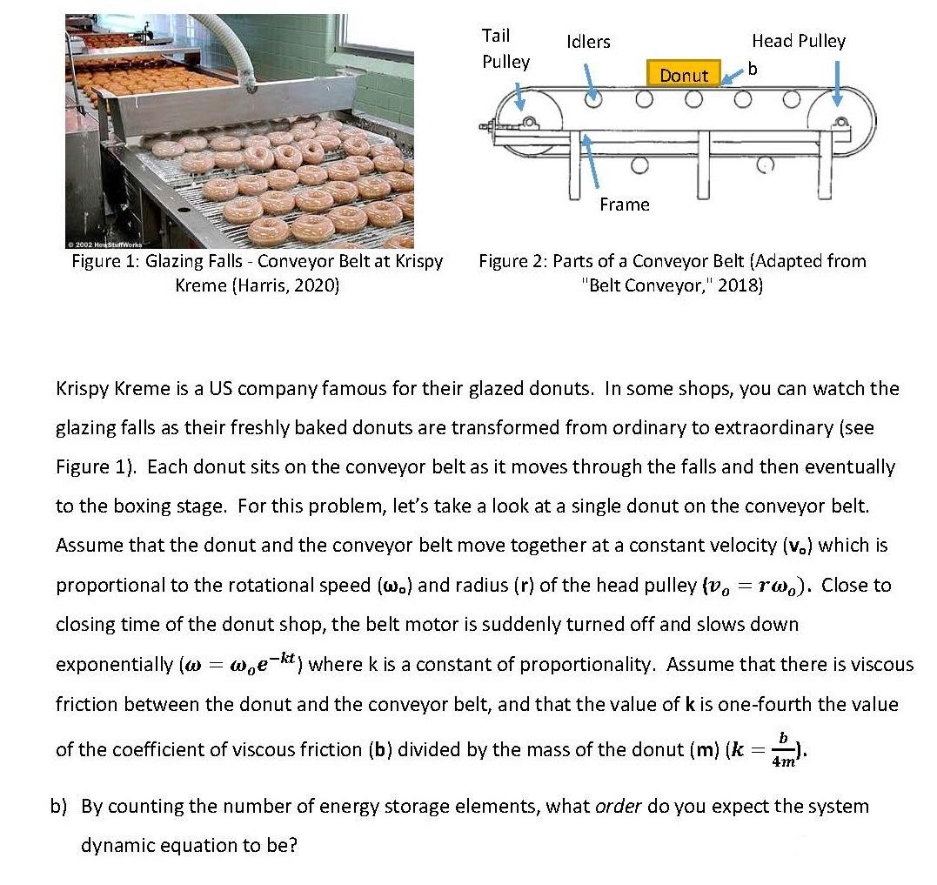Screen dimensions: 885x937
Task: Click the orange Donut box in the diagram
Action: pos(683,75)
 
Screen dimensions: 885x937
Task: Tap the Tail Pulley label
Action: pos(505,49)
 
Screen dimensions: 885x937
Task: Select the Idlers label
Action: pos(588,41)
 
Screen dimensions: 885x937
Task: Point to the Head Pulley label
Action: pos(798,41)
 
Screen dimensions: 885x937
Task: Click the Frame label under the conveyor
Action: pos(624,204)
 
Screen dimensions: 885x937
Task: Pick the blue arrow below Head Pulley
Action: pos(837,85)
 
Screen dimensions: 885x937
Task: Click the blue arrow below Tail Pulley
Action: pos(519,96)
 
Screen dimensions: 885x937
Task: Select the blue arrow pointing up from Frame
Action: pos(592,161)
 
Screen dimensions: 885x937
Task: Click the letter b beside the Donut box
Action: pos(753,68)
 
